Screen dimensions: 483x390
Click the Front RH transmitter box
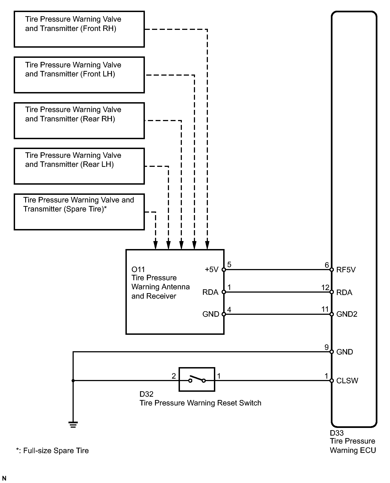(x=79, y=29)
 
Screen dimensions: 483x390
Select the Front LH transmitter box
(x=79, y=75)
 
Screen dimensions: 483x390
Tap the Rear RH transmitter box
(x=79, y=121)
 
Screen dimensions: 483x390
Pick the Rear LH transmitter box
(x=79, y=166)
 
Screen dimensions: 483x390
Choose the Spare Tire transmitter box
(x=79, y=212)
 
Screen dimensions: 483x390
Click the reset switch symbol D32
(x=197, y=379)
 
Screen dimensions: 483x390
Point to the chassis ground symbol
(x=73, y=424)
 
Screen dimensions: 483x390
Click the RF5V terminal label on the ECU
(x=346, y=270)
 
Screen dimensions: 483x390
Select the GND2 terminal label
(x=347, y=314)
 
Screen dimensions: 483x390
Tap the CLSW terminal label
(x=347, y=381)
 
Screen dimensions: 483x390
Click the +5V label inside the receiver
(x=211, y=270)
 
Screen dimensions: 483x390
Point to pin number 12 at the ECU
(x=325, y=287)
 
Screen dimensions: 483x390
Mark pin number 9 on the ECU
(x=326, y=347)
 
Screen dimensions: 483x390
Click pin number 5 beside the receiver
(x=229, y=265)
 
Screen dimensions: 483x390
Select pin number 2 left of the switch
(x=174, y=376)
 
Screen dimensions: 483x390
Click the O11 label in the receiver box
(x=138, y=270)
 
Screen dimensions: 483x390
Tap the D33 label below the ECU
(x=337, y=433)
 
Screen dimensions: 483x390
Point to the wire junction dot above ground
(x=73, y=381)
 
